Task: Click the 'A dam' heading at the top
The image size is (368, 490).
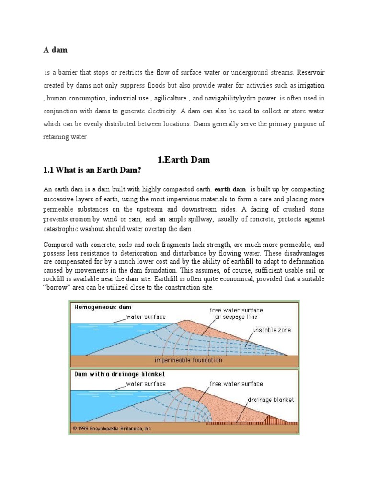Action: tap(55, 50)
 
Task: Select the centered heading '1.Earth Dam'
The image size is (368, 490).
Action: tap(184, 160)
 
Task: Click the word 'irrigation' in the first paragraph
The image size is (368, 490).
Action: tap(310, 85)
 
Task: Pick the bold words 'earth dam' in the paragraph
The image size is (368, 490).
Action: tap(230, 189)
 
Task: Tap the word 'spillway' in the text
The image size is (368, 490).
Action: tap(219, 219)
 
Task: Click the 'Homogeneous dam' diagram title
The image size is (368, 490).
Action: tap(103, 307)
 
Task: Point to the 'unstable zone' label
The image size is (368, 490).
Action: tap(271, 330)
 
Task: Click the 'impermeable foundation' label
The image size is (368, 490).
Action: tap(188, 360)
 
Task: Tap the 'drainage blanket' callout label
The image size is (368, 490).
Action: tap(271, 400)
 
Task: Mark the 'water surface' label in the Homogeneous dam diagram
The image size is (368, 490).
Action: tap(146, 317)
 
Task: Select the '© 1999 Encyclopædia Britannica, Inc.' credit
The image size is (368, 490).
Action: tap(112, 428)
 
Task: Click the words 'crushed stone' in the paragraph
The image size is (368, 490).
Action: tap(303, 209)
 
